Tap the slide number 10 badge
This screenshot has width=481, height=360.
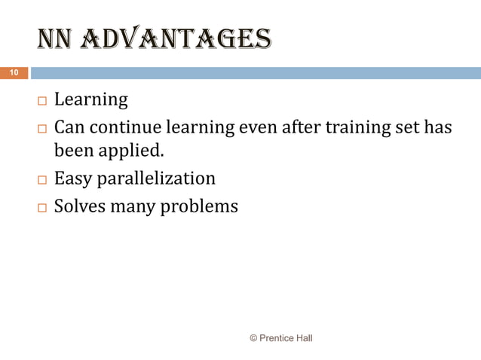click(x=14, y=73)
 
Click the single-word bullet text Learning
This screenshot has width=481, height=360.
click(x=90, y=100)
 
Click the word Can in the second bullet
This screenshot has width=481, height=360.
click(x=69, y=128)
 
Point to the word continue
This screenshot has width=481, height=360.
click(x=125, y=128)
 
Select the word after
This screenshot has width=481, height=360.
click(x=300, y=128)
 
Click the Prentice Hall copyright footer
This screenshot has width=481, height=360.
click(x=280, y=338)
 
